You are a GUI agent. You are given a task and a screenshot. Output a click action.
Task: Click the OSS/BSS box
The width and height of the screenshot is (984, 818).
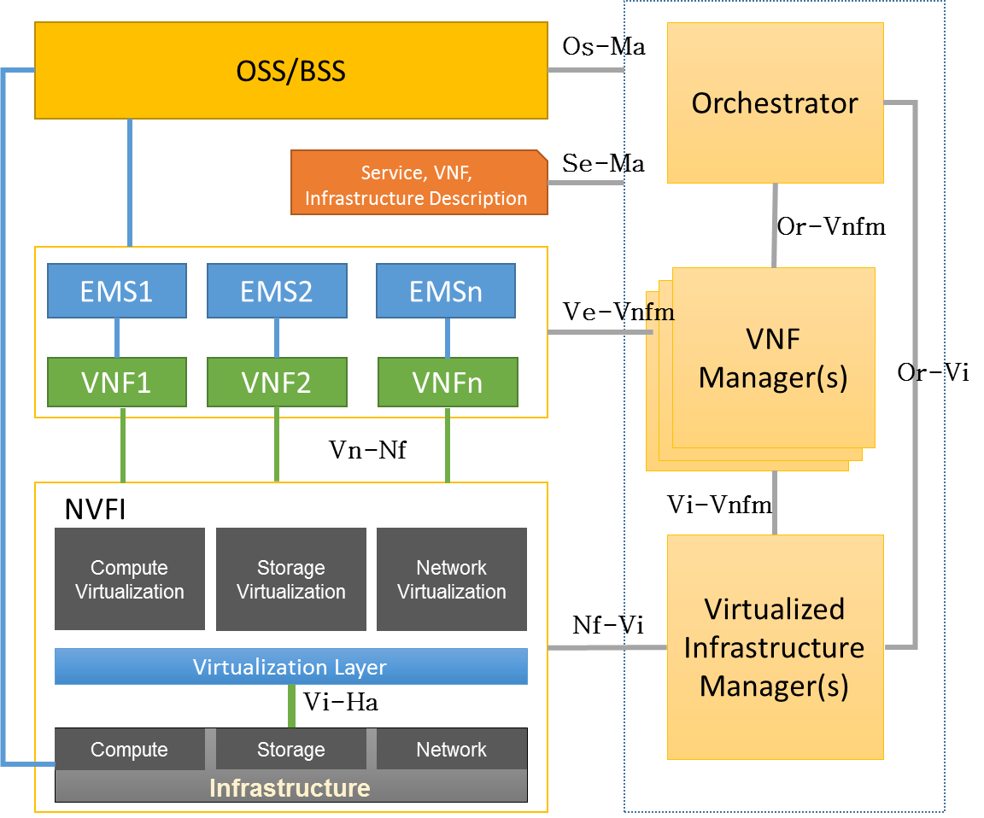click(290, 70)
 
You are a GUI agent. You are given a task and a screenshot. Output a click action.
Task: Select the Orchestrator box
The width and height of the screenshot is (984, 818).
click(775, 102)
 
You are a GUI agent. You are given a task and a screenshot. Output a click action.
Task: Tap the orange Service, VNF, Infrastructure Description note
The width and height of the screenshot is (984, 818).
click(416, 184)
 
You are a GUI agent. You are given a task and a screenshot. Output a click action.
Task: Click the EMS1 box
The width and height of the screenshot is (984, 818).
click(117, 291)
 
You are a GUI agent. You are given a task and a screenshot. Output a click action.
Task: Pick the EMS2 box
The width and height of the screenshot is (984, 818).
click(277, 291)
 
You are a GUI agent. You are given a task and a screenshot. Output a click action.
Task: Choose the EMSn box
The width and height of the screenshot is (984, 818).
click(446, 291)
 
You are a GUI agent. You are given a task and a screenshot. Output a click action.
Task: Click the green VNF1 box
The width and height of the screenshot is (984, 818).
click(117, 383)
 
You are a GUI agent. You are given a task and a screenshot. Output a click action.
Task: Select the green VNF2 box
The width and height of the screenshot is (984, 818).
click(277, 383)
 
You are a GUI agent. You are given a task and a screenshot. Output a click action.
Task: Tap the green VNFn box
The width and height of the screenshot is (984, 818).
click(448, 383)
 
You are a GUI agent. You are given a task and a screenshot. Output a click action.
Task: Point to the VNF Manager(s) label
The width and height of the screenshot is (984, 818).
click(773, 358)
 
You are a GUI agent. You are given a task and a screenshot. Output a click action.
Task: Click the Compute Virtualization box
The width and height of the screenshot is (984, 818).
click(130, 579)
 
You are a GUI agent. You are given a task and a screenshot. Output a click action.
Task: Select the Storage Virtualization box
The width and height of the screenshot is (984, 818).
click(291, 579)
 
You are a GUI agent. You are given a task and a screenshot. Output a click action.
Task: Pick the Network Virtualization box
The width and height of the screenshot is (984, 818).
click(452, 579)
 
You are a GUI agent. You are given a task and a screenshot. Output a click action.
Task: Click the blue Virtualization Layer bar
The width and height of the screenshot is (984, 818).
click(290, 667)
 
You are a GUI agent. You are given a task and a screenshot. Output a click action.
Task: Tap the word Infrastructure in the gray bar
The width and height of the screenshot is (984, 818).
click(290, 787)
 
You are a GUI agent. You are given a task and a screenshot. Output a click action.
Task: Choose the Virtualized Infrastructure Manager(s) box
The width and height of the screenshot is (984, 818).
click(775, 647)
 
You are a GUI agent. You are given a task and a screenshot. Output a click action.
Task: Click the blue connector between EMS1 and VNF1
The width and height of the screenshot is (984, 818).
click(117, 338)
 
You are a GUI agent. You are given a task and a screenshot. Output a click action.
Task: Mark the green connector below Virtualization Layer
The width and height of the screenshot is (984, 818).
click(291, 706)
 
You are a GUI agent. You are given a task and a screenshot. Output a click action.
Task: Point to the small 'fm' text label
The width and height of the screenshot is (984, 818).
click(659, 313)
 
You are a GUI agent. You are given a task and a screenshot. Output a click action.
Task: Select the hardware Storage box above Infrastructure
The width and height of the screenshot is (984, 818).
click(291, 750)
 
